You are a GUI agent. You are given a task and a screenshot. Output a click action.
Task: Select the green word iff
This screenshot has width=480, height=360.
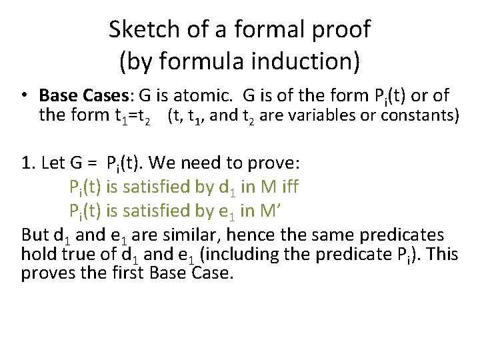click(288, 187)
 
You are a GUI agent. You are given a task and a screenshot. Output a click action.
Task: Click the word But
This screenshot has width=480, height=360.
click(35, 235)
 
